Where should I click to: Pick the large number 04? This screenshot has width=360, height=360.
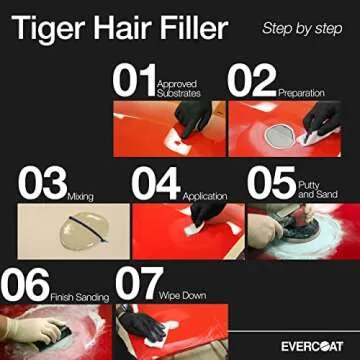[x=157, y=183]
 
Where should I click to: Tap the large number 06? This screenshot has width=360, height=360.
[x=25, y=283]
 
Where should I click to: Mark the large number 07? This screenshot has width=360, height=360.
[x=139, y=283]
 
